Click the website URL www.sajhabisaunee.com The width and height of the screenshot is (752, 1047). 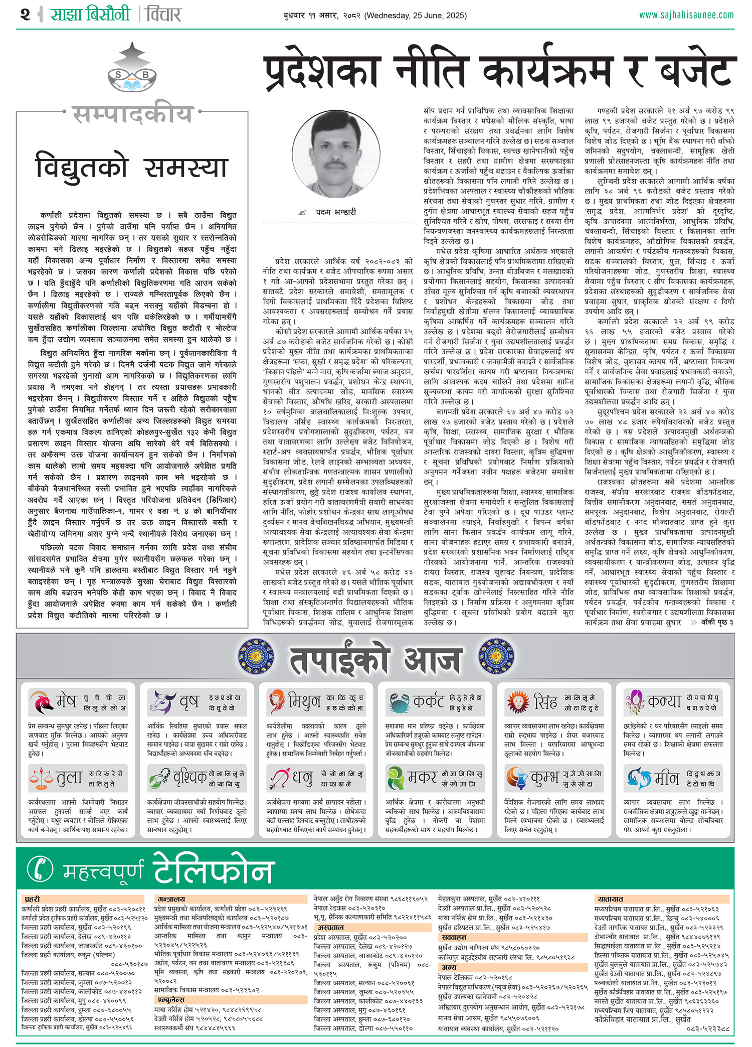pos(686,15)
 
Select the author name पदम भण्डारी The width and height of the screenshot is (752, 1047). pos(335,212)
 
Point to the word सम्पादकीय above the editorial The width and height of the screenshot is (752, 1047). pos(133,115)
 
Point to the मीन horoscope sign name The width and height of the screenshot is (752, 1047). pos(667,779)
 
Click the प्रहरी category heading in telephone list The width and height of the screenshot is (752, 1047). pos(32,899)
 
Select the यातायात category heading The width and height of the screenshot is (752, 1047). pos(610,899)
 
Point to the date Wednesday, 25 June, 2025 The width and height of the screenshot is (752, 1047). pos(415,16)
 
